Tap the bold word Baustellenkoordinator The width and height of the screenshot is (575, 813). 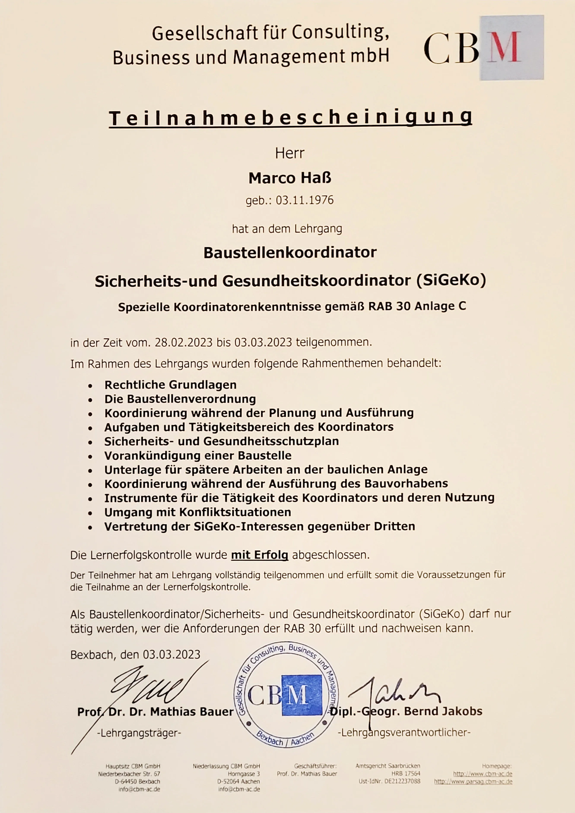pyautogui.click(x=290, y=252)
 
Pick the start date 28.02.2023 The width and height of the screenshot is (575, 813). pyautogui.click(x=184, y=342)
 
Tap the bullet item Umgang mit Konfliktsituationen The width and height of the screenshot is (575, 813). pyautogui.click(x=198, y=512)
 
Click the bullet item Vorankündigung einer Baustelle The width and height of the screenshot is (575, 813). pyautogui.click(x=198, y=455)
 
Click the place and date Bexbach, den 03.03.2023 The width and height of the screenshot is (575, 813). pyautogui.click(x=135, y=654)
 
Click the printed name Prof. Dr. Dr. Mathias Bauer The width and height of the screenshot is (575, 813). pyautogui.click(x=155, y=711)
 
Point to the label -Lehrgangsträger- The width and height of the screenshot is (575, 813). pyautogui.click(x=139, y=733)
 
